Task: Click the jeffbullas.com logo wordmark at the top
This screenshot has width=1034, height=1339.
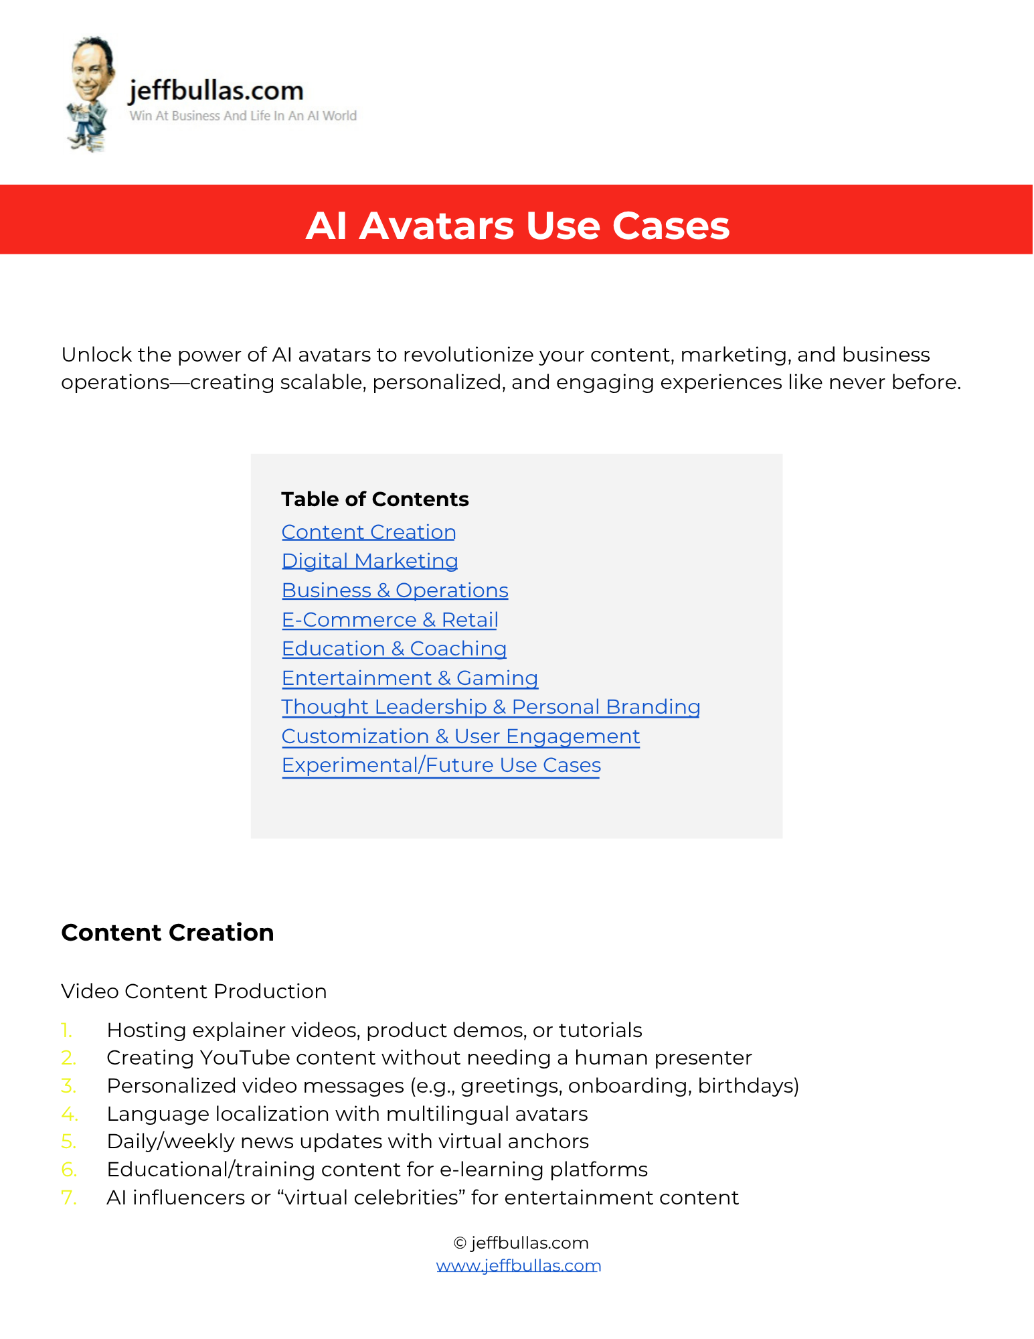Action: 216,90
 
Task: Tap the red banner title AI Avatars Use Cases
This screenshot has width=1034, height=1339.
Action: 517,225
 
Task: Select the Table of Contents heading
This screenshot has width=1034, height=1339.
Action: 375,499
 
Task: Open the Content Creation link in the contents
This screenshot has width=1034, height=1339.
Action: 369,532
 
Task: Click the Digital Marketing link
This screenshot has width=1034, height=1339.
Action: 369,560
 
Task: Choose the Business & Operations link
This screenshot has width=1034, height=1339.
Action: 395,590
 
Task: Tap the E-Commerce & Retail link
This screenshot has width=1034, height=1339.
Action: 390,619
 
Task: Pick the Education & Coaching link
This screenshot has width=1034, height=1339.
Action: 394,648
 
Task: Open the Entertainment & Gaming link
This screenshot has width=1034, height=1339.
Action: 410,678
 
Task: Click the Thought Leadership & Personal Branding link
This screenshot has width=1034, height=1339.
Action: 491,706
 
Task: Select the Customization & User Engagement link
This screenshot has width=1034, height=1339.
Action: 460,736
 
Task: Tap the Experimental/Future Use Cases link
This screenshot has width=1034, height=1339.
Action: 441,765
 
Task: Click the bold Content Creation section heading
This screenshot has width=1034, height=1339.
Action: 167,932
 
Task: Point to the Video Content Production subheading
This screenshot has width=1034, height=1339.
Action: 194,991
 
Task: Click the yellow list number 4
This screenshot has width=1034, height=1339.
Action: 69,1113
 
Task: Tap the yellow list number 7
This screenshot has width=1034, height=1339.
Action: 69,1197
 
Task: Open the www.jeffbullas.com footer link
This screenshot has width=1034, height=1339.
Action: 519,1265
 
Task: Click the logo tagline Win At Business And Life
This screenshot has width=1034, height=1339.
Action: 243,116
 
